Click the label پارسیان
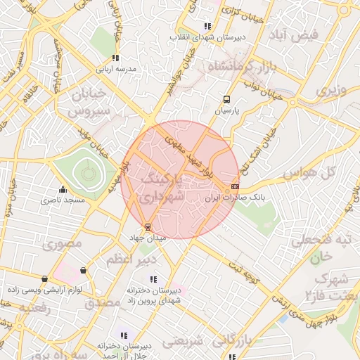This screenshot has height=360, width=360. click(x=226, y=111)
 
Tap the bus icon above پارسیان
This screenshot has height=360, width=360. click(x=226, y=100)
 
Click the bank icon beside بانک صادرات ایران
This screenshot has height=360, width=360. click(x=235, y=186)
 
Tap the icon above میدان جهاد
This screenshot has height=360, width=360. click(x=147, y=226)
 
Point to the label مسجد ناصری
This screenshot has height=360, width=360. click(x=65, y=200)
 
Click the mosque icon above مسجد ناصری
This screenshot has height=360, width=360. click(x=63, y=189)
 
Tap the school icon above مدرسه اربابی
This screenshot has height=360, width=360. click(x=115, y=58)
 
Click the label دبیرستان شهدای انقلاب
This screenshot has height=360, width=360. click(x=210, y=37)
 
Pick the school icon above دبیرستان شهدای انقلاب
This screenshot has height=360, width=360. click(x=206, y=26)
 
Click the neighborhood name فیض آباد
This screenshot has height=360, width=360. click(x=298, y=34)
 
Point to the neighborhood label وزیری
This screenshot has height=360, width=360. click(x=331, y=91)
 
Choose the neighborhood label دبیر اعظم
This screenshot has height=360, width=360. click(x=129, y=260)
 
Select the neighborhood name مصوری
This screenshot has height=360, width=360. click(x=62, y=244)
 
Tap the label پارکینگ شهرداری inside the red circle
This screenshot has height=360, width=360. click(x=162, y=189)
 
